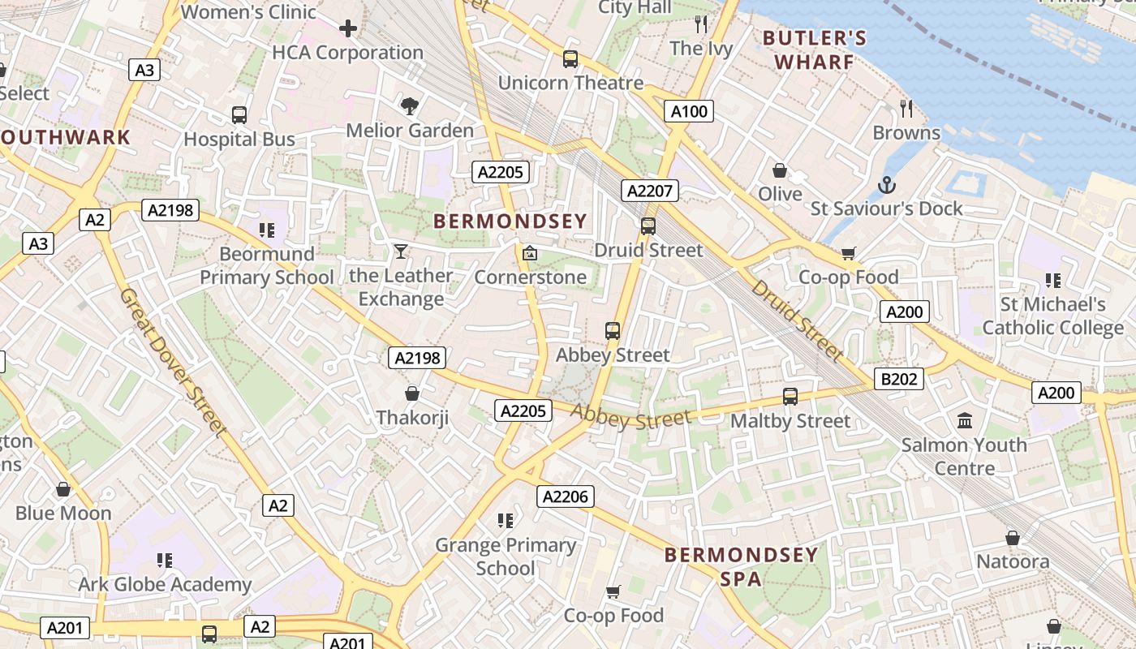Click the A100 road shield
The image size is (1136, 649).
pos(689,111)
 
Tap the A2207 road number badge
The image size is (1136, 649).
pos(649,191)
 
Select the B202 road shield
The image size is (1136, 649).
pos(899,379)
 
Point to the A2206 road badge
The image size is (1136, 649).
pos(565,496)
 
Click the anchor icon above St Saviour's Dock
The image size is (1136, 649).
pos(886,185)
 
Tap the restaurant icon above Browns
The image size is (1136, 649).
pos(906,108)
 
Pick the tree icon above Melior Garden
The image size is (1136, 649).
pos(410,105)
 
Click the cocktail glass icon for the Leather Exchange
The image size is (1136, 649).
pos(400,251)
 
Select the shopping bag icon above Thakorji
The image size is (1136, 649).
pos(412,393)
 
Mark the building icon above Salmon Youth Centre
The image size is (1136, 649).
pos(965,420)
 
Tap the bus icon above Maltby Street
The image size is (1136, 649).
pos(790,397)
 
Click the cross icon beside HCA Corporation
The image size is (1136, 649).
pos(348,29)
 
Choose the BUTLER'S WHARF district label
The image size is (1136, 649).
pos(815,49)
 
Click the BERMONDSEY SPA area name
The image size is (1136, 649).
pos(741,566)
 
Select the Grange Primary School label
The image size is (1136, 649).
pos(506,556)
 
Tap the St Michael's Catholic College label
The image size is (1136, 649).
pos(1052,316)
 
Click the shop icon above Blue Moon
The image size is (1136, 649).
pos(63,489)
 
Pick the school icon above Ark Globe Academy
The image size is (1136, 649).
pos(165,560)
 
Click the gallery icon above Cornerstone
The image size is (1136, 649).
pos(530,253)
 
